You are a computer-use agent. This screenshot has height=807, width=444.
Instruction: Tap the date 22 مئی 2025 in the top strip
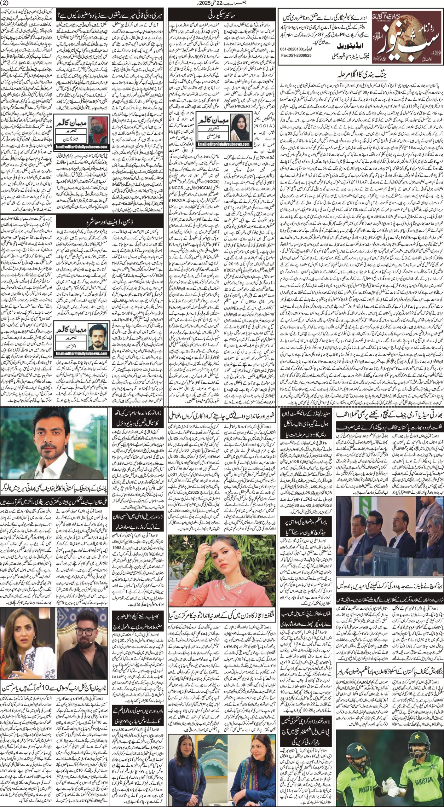[x=222, y=3]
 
